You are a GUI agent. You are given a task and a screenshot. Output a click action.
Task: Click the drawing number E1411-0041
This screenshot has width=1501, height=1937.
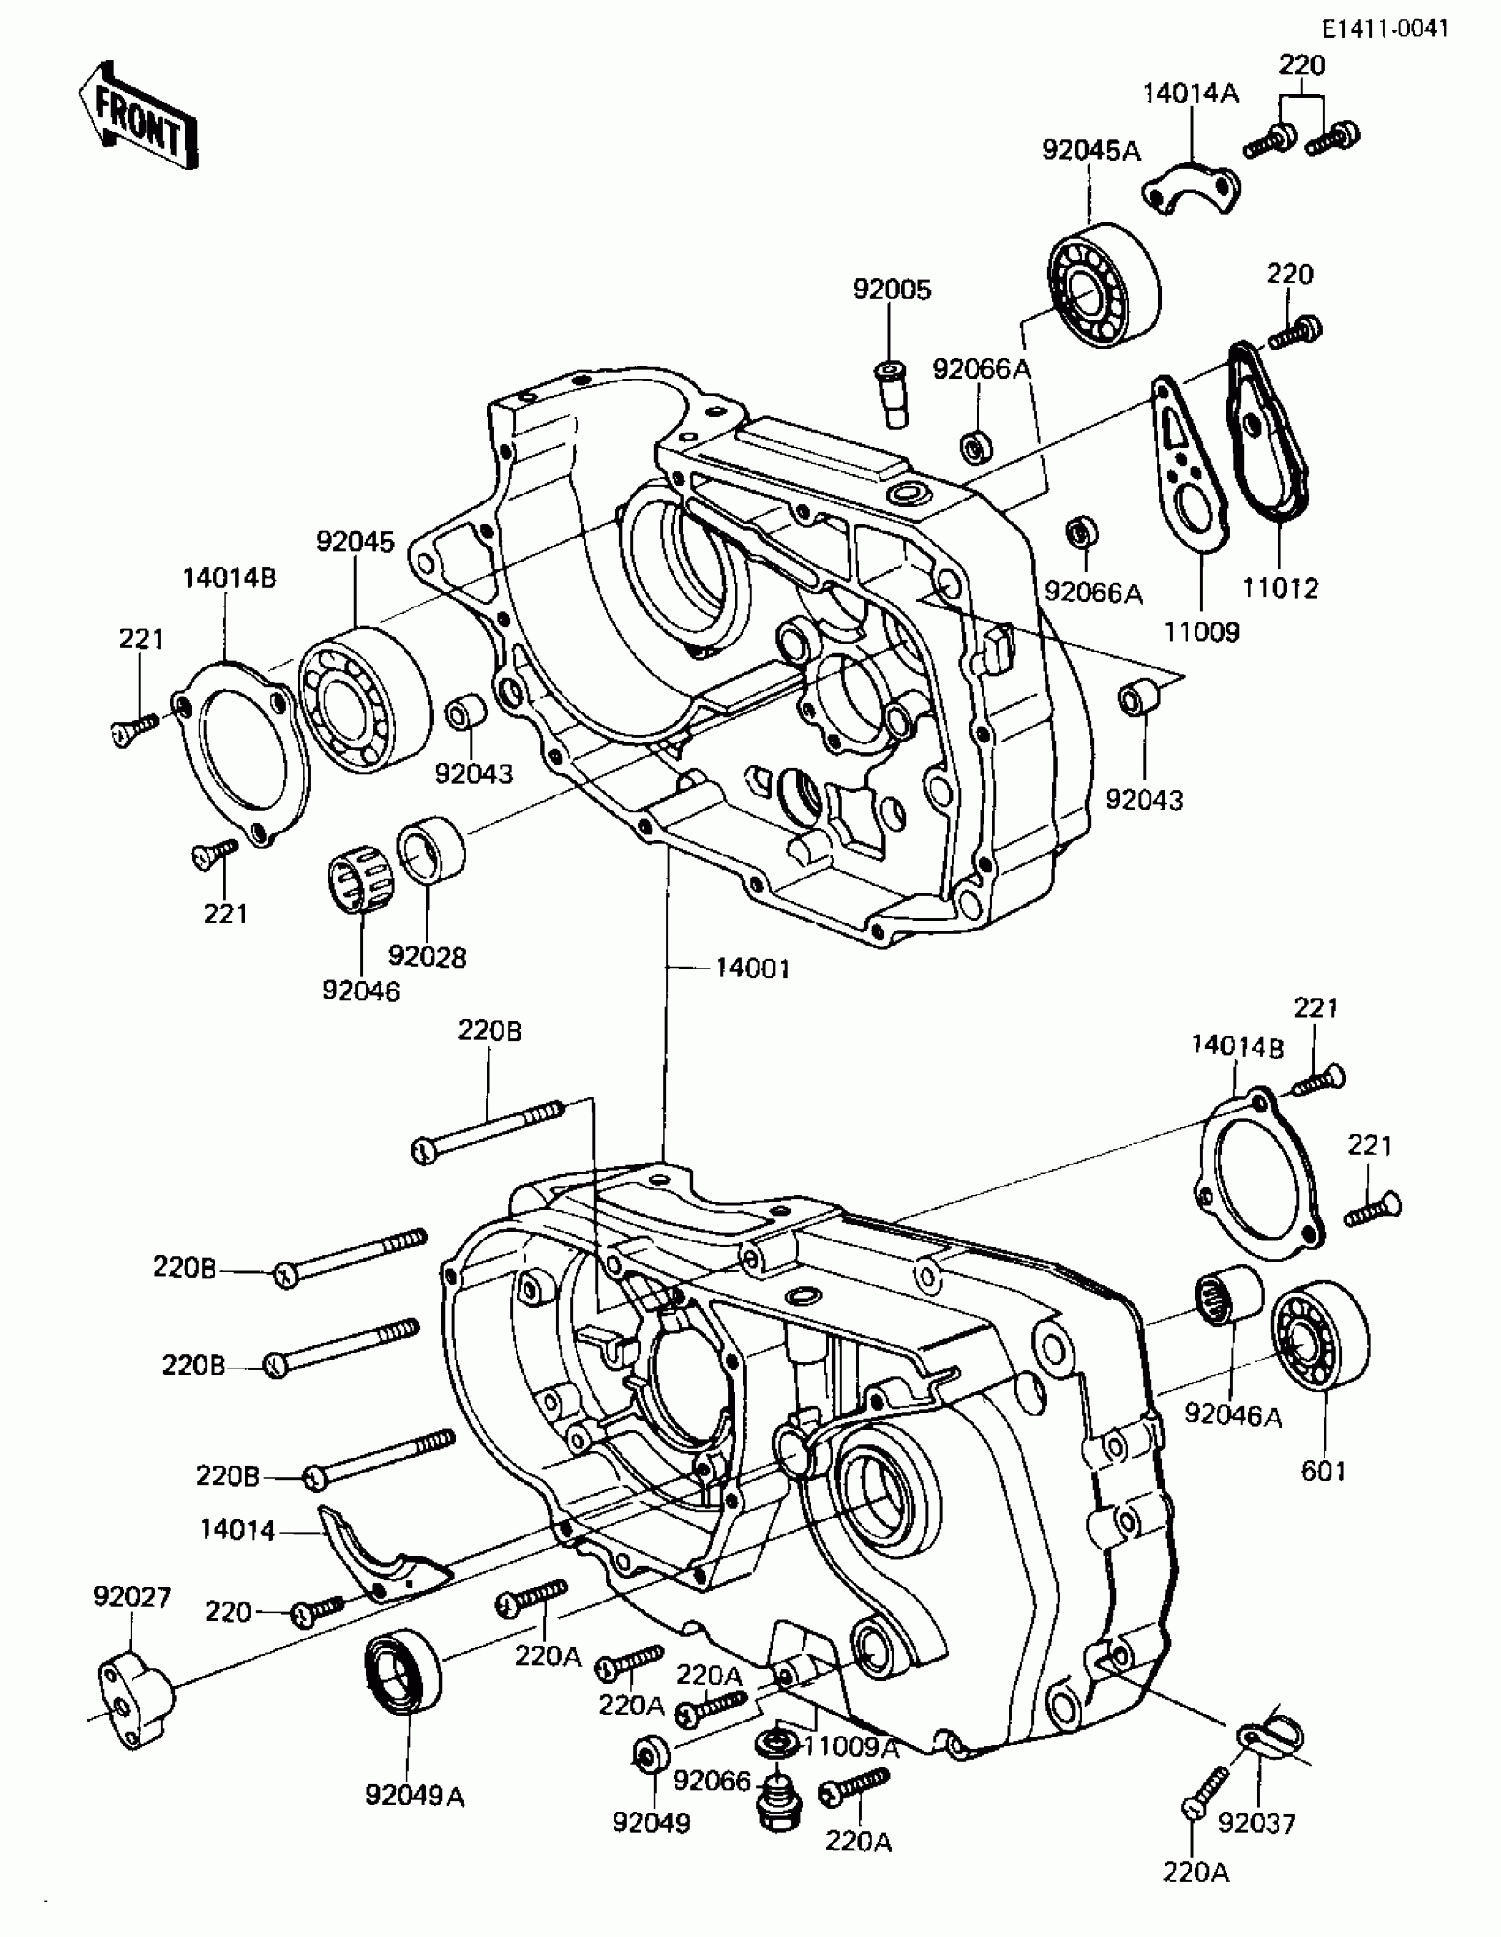1384,28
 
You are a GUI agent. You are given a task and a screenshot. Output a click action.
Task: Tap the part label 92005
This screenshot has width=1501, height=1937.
892,290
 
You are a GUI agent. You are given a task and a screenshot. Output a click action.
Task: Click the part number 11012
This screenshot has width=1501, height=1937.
1279,587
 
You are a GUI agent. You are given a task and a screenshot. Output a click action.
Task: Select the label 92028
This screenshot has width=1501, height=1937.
426,957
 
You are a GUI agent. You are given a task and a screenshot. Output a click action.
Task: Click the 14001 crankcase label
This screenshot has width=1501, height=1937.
752,968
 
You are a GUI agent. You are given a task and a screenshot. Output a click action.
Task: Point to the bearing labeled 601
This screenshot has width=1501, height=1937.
1320,1340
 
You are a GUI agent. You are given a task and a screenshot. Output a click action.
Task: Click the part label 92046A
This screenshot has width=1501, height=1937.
1233,1414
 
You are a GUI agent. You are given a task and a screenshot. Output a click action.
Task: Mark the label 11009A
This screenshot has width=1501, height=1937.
851,1747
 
